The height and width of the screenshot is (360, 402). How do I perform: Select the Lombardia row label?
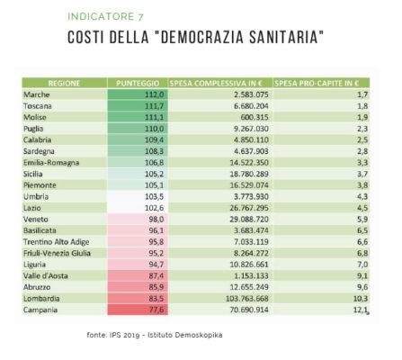[x=42, y=299]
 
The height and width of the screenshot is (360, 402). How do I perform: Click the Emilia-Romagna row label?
[x=51, y=162]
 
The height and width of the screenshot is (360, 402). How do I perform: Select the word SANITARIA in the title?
[x=277, y=37]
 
